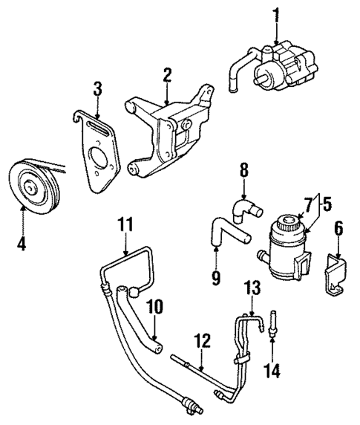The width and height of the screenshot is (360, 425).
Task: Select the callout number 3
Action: (x=96, y=91)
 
